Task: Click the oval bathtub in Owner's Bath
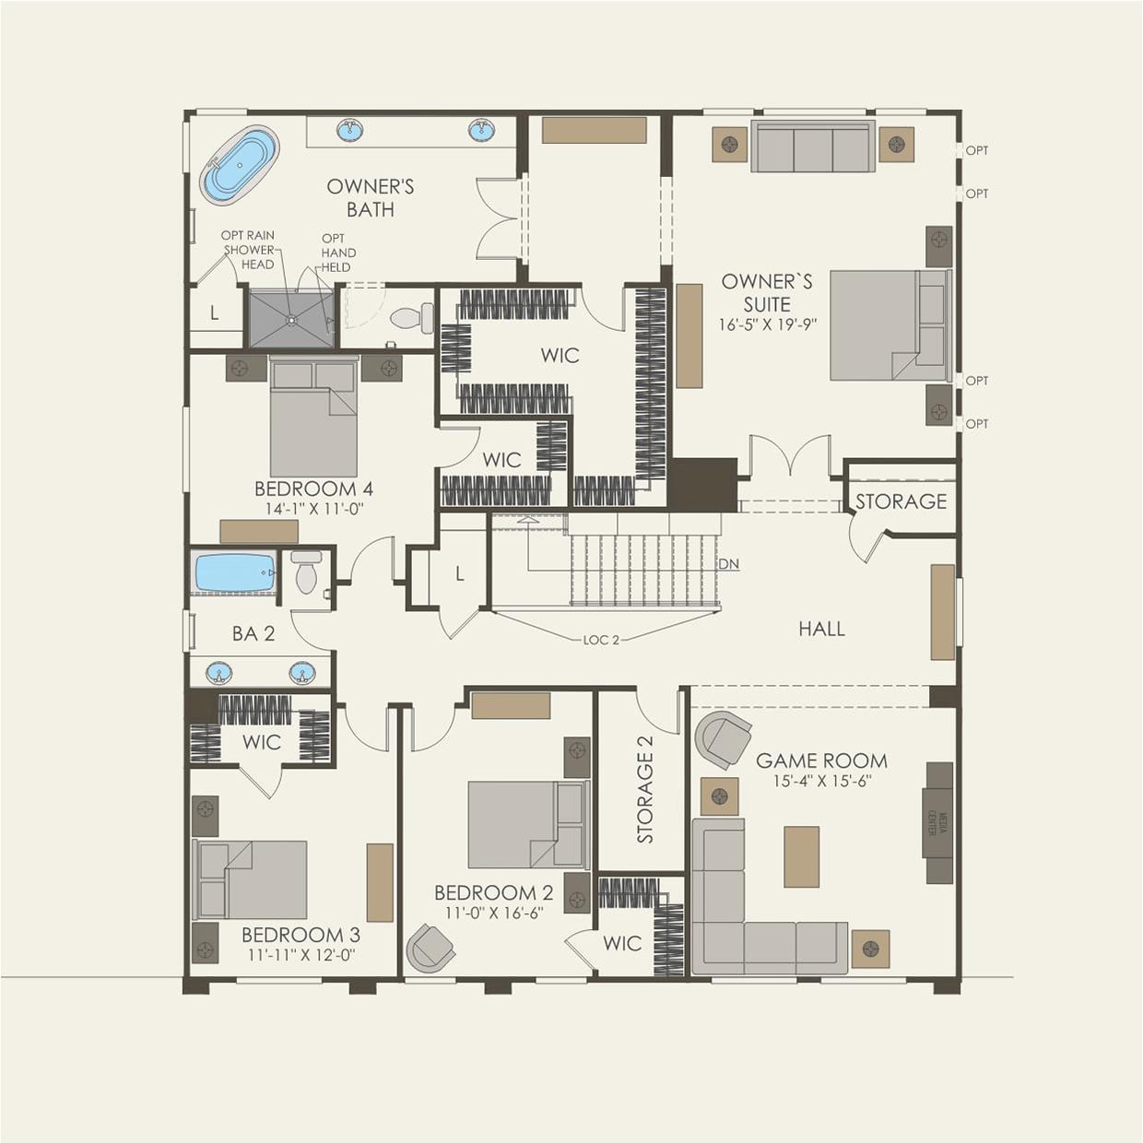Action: (239, 166)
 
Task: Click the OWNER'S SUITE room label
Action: (767, 292)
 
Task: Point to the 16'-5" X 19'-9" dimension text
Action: (767, 325)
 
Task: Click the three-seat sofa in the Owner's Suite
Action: (812, 147)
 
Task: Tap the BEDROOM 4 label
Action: (313, 489)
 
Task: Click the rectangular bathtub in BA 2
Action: (234, 573)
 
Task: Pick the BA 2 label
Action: (253, 633)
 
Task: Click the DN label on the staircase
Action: (728, 564)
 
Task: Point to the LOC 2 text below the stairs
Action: (601, 640)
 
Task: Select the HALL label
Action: (821, 629)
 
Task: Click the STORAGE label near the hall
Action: (901, 501)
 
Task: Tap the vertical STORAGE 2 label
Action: (645, 789)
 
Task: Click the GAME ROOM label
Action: (821, 760)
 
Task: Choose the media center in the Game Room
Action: (938, 822)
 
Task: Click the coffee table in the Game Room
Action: (801, 856)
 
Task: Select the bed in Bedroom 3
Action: (250, 879)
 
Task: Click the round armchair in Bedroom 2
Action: (430, 948)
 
